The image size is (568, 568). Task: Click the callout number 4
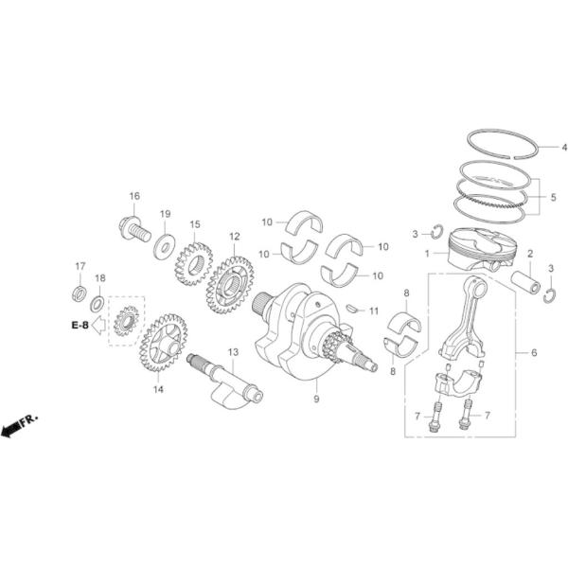(564, 148)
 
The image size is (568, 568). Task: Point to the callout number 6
(534, 352)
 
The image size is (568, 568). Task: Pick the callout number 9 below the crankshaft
(316, 399)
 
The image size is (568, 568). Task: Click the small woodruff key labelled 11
(352, 308)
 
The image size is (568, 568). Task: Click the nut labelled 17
(80, 290)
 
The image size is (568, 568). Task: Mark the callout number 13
(233, 351)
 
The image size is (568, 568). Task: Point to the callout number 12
(233, 236)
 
